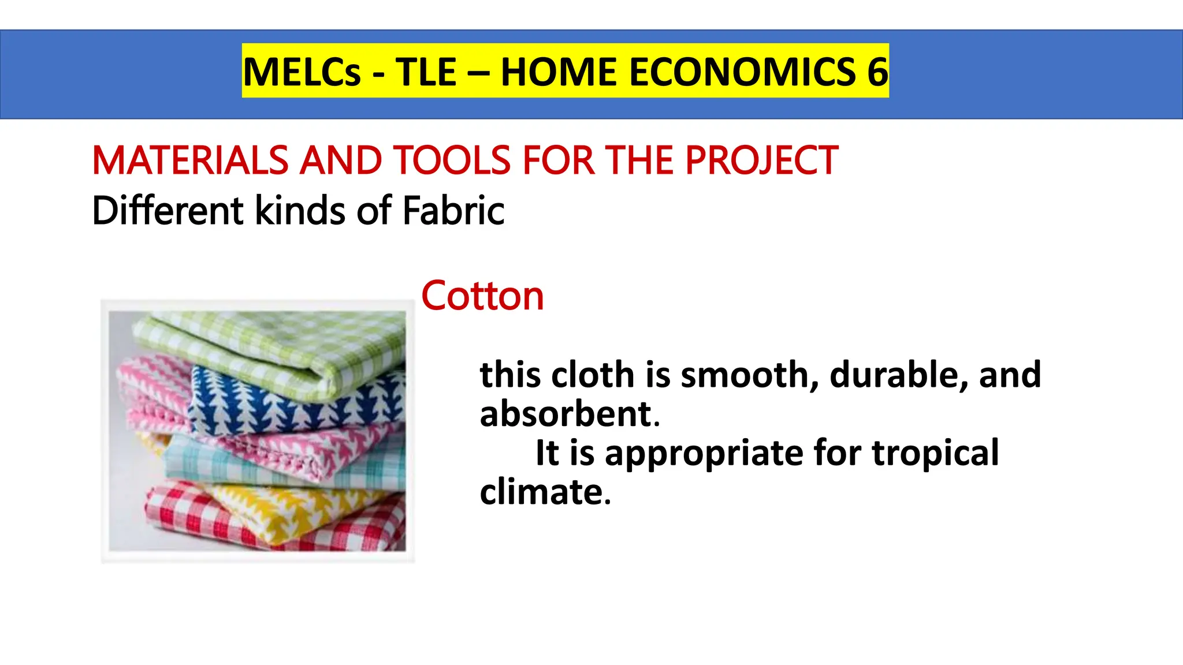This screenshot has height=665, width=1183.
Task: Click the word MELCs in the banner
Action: point(302,72)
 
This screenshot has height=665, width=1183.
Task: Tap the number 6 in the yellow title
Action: point(877,72)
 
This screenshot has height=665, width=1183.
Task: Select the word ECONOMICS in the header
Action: point(742,72)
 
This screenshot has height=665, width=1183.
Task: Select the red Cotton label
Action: point(482,296)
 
